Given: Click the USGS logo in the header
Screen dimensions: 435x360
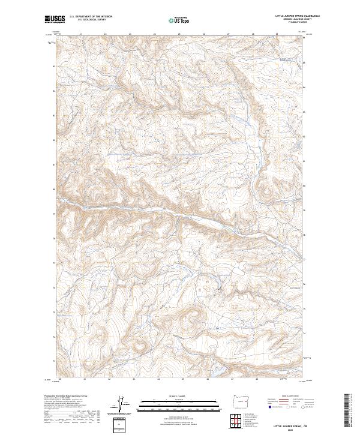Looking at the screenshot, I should point(55,19).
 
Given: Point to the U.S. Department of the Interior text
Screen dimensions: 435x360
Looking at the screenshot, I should point(91,17).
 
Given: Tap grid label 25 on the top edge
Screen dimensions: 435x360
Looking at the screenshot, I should point(155,34).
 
